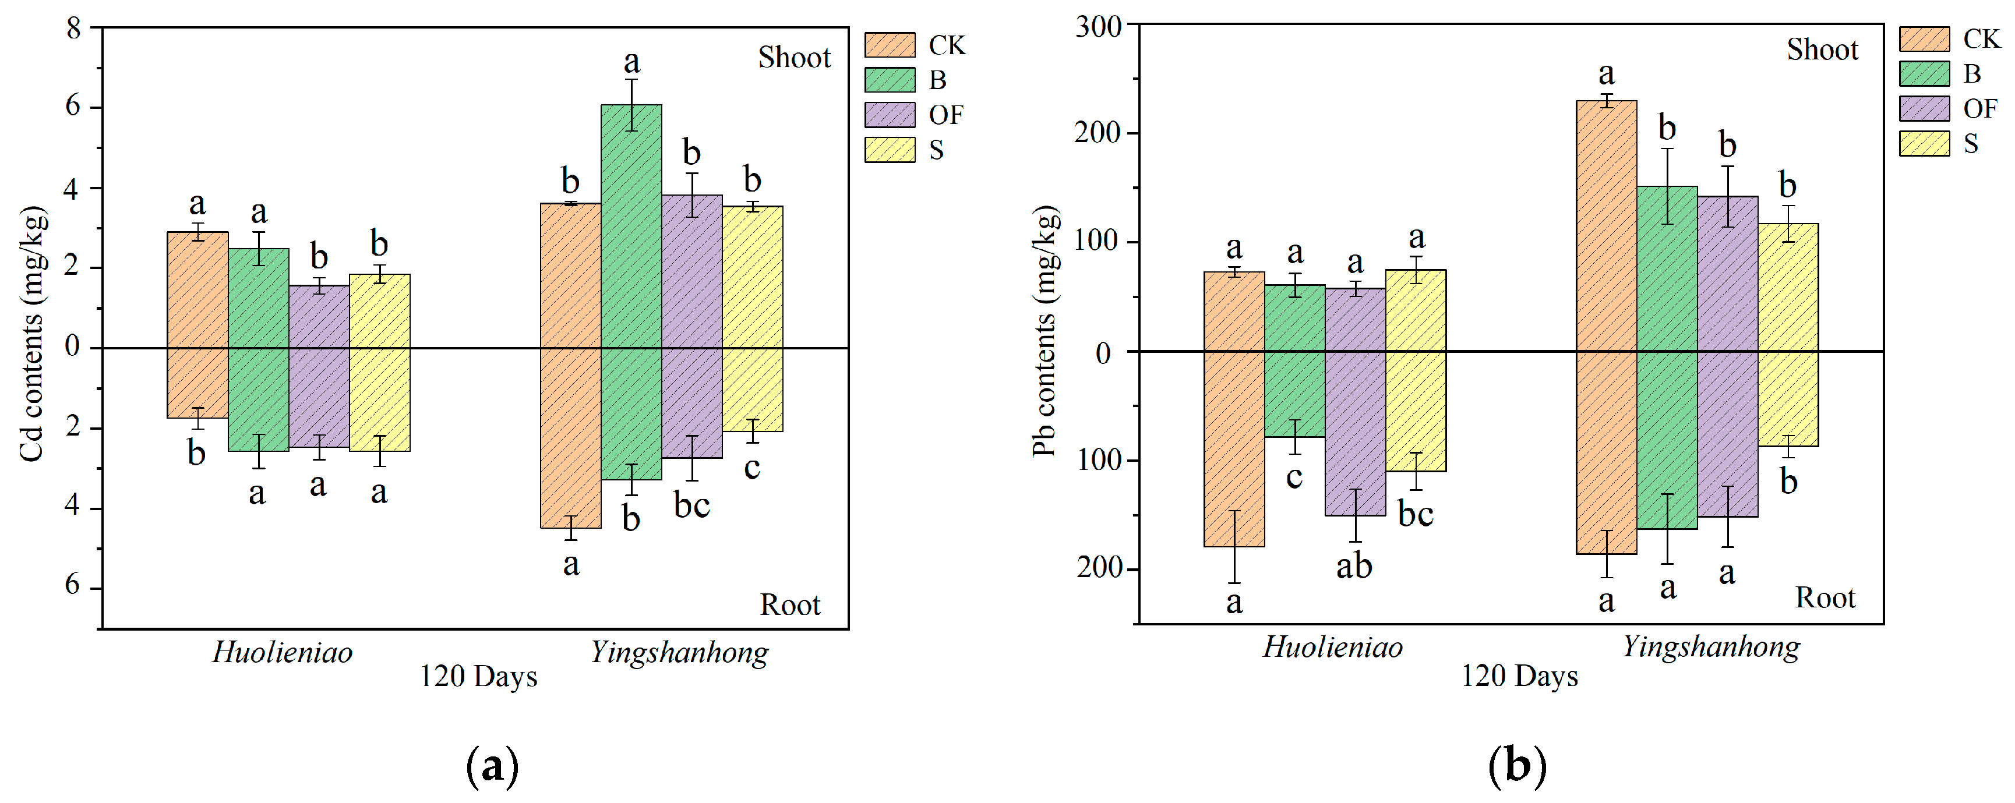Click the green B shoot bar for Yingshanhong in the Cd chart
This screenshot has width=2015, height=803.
(631, 227)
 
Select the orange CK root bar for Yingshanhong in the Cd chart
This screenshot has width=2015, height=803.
(571, 438)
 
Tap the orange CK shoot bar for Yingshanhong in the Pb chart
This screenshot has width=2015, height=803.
(1606, 227)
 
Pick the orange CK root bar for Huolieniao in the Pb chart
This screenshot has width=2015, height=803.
(1234, 449)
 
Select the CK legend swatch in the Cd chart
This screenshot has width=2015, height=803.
(890, 45)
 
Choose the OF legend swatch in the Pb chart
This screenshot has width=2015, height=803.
(1924, 109)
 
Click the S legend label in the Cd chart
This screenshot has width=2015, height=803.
(936, 150)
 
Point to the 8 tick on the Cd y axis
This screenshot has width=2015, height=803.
(73, 29)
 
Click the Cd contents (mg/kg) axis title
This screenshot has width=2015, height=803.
(32, 334)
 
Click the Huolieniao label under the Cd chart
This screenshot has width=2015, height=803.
(283, 652)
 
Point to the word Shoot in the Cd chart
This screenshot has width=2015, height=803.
(794, 58)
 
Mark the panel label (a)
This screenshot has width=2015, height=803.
(492, 766)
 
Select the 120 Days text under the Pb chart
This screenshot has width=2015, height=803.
(1519, 676)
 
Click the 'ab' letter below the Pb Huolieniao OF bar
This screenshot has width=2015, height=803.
(1354, 566)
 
